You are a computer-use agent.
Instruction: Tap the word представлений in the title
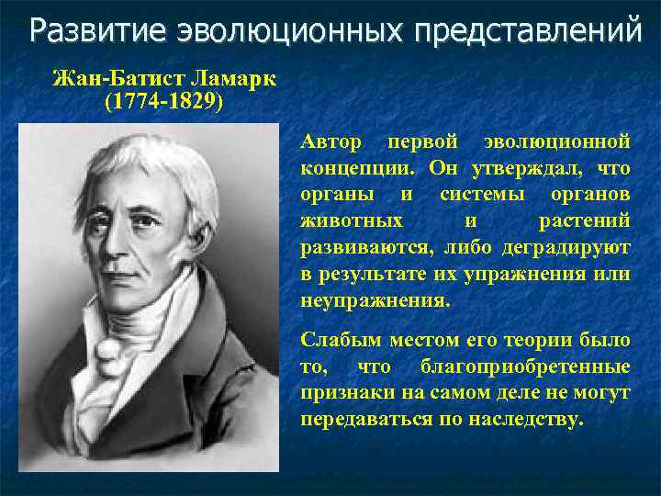(x=527, y=31)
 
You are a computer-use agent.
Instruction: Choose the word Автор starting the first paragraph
(x=331, y=143)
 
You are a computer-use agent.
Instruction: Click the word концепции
(x=353, y=170)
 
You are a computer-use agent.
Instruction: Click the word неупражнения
(x=375, y=300)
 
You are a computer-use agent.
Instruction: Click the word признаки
(x=342, y=393)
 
